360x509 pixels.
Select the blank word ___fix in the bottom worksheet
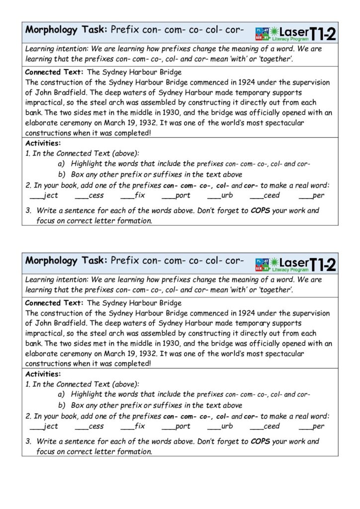(133, 426)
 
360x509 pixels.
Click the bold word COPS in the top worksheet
(260, 210)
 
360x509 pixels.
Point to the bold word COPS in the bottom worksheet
(260, 441)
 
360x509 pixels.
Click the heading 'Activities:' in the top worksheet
(43, 143)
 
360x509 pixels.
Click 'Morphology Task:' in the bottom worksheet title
(66, 260)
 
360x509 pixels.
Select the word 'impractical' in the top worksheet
(45, 102)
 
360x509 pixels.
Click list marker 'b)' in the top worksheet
(62, 174)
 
